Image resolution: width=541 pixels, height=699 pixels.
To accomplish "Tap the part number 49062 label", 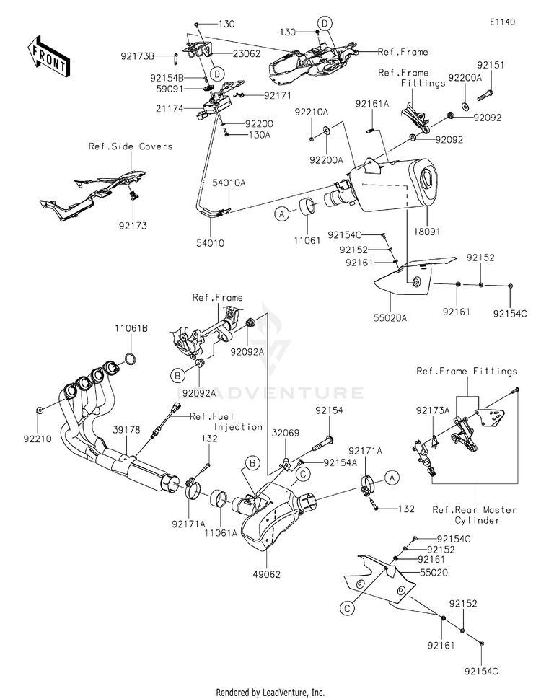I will (x=266, y=575).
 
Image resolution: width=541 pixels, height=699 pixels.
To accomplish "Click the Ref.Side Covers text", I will (x=131, y=146).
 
